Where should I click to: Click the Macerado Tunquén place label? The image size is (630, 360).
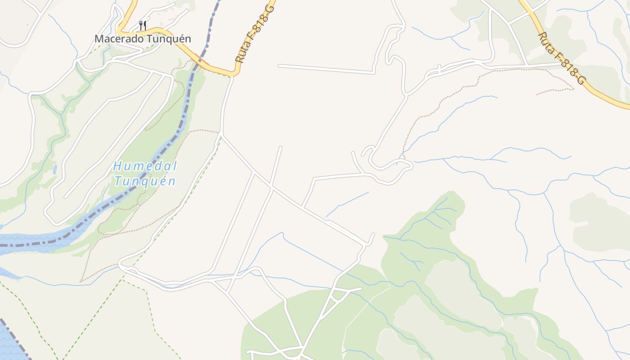143,39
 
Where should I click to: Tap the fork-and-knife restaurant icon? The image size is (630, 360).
143,25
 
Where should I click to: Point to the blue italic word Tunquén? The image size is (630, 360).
144,181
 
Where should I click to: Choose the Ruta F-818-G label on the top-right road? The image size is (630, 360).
562,58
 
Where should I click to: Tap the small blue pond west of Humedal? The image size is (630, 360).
54,169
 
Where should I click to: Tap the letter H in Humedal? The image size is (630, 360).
117,166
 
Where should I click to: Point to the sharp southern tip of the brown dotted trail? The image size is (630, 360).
81,282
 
